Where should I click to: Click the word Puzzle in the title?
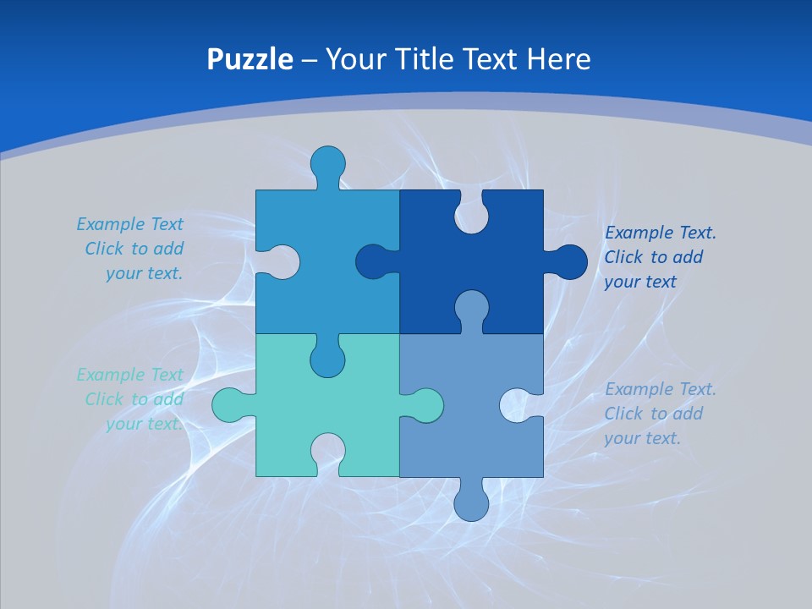point(250,59)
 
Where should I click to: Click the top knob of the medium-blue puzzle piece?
point(328,164)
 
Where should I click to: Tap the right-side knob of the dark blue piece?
point(568,262)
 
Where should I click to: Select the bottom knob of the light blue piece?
point(471,501)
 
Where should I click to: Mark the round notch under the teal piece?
point(327,454)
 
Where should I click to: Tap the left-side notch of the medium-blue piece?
point(279,262)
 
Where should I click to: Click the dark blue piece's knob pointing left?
point(375,262)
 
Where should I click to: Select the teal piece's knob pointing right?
point(423,405)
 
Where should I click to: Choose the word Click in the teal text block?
point(104,399)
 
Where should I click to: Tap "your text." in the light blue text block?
point(642,438)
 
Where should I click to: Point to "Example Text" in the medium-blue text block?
point(129,224)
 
